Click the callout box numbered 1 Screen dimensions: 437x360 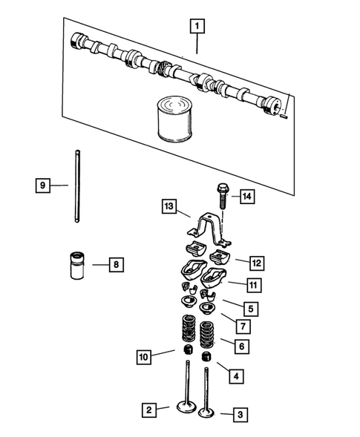tap(197, 27)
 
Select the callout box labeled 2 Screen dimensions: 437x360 tap(150, 409)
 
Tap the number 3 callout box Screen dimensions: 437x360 tap(240, 414)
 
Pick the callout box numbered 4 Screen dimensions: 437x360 tap(235, 376)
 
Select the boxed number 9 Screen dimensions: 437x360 tap(43, 185)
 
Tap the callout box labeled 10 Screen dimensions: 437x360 tap(144, 358)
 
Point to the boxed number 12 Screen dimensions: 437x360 tap(256, 263)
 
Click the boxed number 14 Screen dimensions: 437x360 tap(246, 196)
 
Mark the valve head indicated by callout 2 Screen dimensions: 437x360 tap(186, 407)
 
